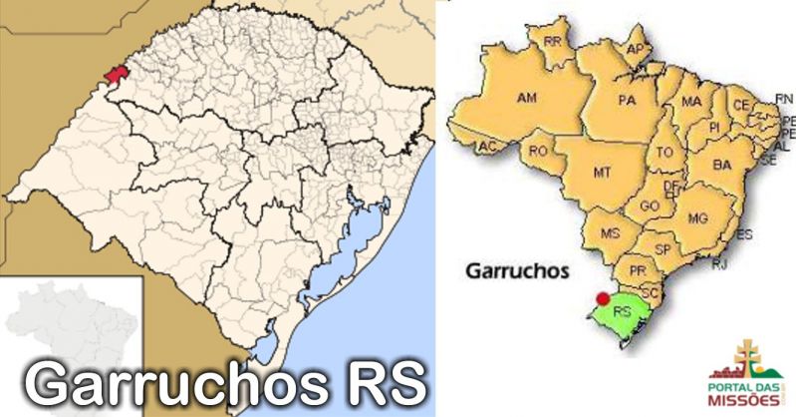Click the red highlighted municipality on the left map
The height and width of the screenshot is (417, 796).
point(116,76)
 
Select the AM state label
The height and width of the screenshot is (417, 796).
point(525,98)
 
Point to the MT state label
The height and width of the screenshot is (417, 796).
point(602,172)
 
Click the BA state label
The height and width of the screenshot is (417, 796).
point(722,164)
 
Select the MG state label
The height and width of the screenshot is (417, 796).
point(697,217)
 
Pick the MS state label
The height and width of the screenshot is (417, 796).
point(611,232)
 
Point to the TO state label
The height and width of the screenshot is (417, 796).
point(665,153)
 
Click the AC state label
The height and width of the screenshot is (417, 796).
point(487,147)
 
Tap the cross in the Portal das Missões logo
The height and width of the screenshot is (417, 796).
point(746,353)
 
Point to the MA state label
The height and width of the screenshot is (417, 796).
point(690,102)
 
